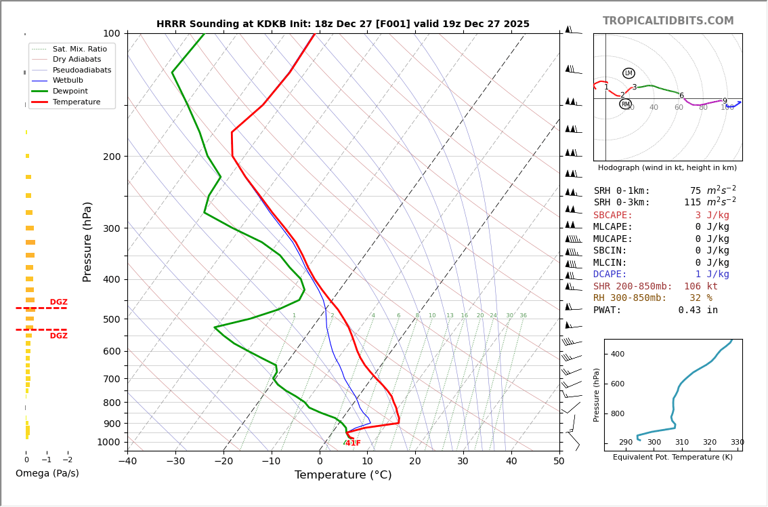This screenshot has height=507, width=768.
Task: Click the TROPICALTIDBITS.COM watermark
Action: tap(668, 21)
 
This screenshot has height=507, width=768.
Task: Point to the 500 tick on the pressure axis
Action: tap(111, 319)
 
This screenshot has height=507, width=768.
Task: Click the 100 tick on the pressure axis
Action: tap(111, 33)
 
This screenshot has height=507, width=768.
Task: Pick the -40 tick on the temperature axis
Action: tap(127, 462)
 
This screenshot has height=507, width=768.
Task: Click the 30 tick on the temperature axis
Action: tap(463, 462)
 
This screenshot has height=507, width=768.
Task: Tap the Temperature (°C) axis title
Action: tap(343, 475)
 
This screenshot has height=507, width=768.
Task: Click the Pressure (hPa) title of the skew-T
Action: tap(87, 241)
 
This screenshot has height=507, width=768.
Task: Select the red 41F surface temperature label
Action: tap(352, 443)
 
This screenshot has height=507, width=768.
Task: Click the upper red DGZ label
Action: tap(58, 302)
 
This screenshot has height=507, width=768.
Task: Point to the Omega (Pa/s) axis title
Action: tap(47, 473)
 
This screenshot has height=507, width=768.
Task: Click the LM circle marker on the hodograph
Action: tap(628, 73)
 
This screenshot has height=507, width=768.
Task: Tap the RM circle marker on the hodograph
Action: tap(625, 104)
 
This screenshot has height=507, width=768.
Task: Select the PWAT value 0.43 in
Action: tap(698, 310)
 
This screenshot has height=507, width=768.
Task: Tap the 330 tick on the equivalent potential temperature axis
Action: tap(737, 443)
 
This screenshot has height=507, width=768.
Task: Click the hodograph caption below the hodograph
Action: tap(667, 167)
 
